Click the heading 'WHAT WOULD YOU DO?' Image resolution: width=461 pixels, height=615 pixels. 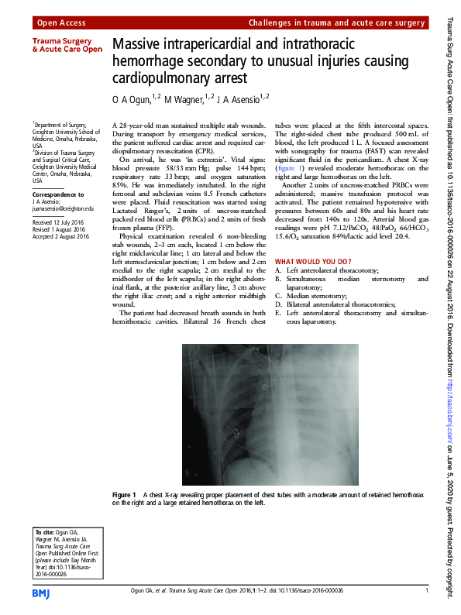(x=314, y=262)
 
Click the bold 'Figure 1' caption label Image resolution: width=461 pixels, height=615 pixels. (x=124, y=494)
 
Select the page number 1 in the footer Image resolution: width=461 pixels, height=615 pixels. (x=426, y=593)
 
